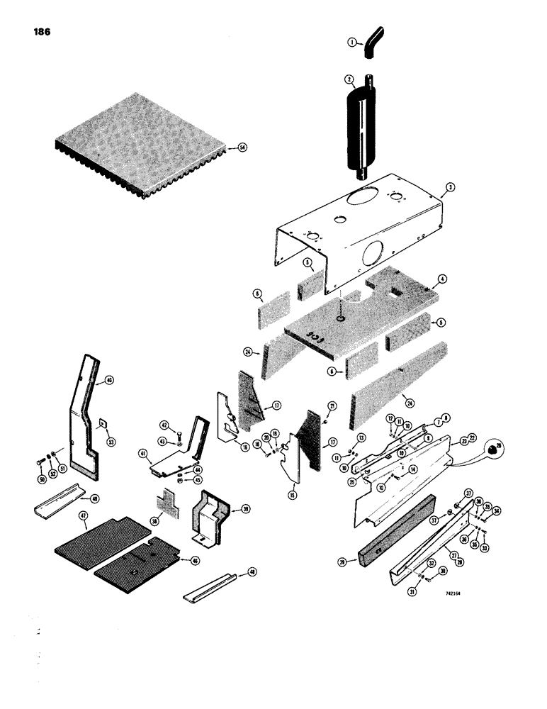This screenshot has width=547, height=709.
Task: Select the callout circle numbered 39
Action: click(245, 508)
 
